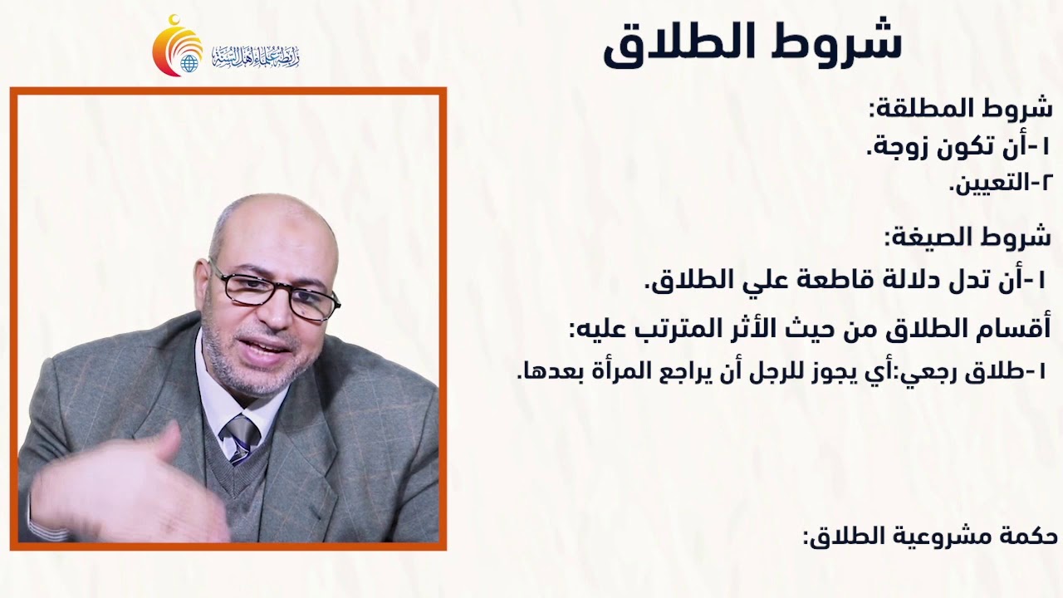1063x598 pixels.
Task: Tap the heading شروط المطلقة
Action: tap(960, 109)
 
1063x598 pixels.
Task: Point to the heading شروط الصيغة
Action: tap(968, 238)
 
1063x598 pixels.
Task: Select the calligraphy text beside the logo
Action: tap(255, 56)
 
